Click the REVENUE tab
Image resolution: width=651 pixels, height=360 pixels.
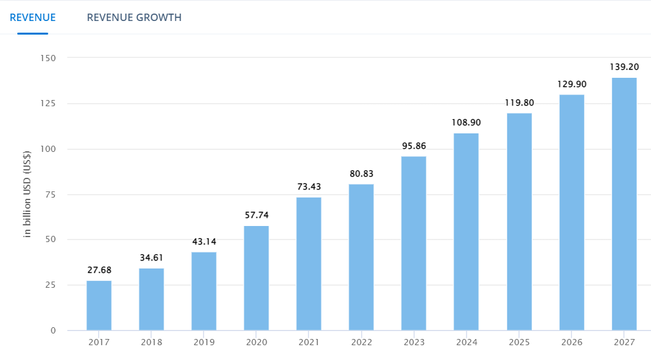coord(33,17)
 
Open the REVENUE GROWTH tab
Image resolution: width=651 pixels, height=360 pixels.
coord(134,17)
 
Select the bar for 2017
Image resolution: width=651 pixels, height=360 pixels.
coord(99,305)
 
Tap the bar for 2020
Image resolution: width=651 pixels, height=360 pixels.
coord(256,278)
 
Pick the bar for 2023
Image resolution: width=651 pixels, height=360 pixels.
coord(413,243)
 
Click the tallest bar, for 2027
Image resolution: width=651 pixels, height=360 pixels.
coord(624,204)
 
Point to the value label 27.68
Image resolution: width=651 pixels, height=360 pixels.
coord(99,270)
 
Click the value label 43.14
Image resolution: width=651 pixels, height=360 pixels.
coord(204,241)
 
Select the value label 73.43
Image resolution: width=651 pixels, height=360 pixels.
coord(309,186)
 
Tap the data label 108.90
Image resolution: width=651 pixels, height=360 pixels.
coord(466,122)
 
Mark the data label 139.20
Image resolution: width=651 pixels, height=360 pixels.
coord(624,67)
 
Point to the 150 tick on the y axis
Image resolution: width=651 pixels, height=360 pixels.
coord(48,58)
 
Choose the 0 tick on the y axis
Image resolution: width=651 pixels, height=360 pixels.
coord(53,330)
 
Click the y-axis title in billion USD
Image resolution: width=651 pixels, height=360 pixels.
coord(27,194)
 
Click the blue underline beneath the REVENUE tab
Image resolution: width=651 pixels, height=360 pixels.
coord(33,33)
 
